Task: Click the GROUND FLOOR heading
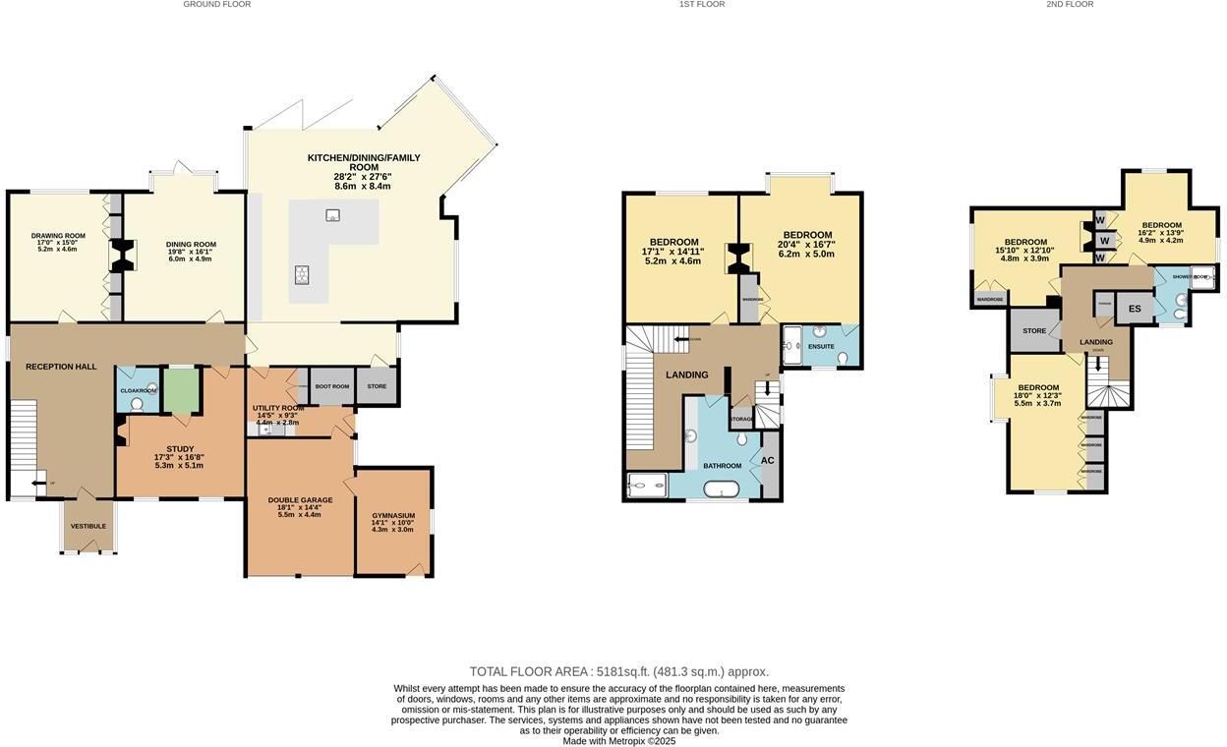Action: [216, 5]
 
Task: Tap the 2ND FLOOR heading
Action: [1070, 5]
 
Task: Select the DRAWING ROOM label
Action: [58, 236]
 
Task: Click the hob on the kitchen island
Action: [301, 274]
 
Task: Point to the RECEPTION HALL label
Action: [61, 367]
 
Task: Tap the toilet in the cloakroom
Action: [137, 403]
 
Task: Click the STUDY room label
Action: [180, 449]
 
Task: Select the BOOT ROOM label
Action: [331, 386]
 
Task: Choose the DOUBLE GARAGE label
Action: [300, 500]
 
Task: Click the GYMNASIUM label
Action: [393, 515]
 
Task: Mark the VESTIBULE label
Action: [88, 526]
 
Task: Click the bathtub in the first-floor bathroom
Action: [722, 488]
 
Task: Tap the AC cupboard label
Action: [768, 460]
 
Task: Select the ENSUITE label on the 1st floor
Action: [820, 347]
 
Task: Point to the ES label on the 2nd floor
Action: [1135, 309]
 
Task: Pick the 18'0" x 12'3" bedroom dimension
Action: [1038, 396]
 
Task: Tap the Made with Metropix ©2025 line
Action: [618, 741]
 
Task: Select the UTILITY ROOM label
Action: [278, 408]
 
